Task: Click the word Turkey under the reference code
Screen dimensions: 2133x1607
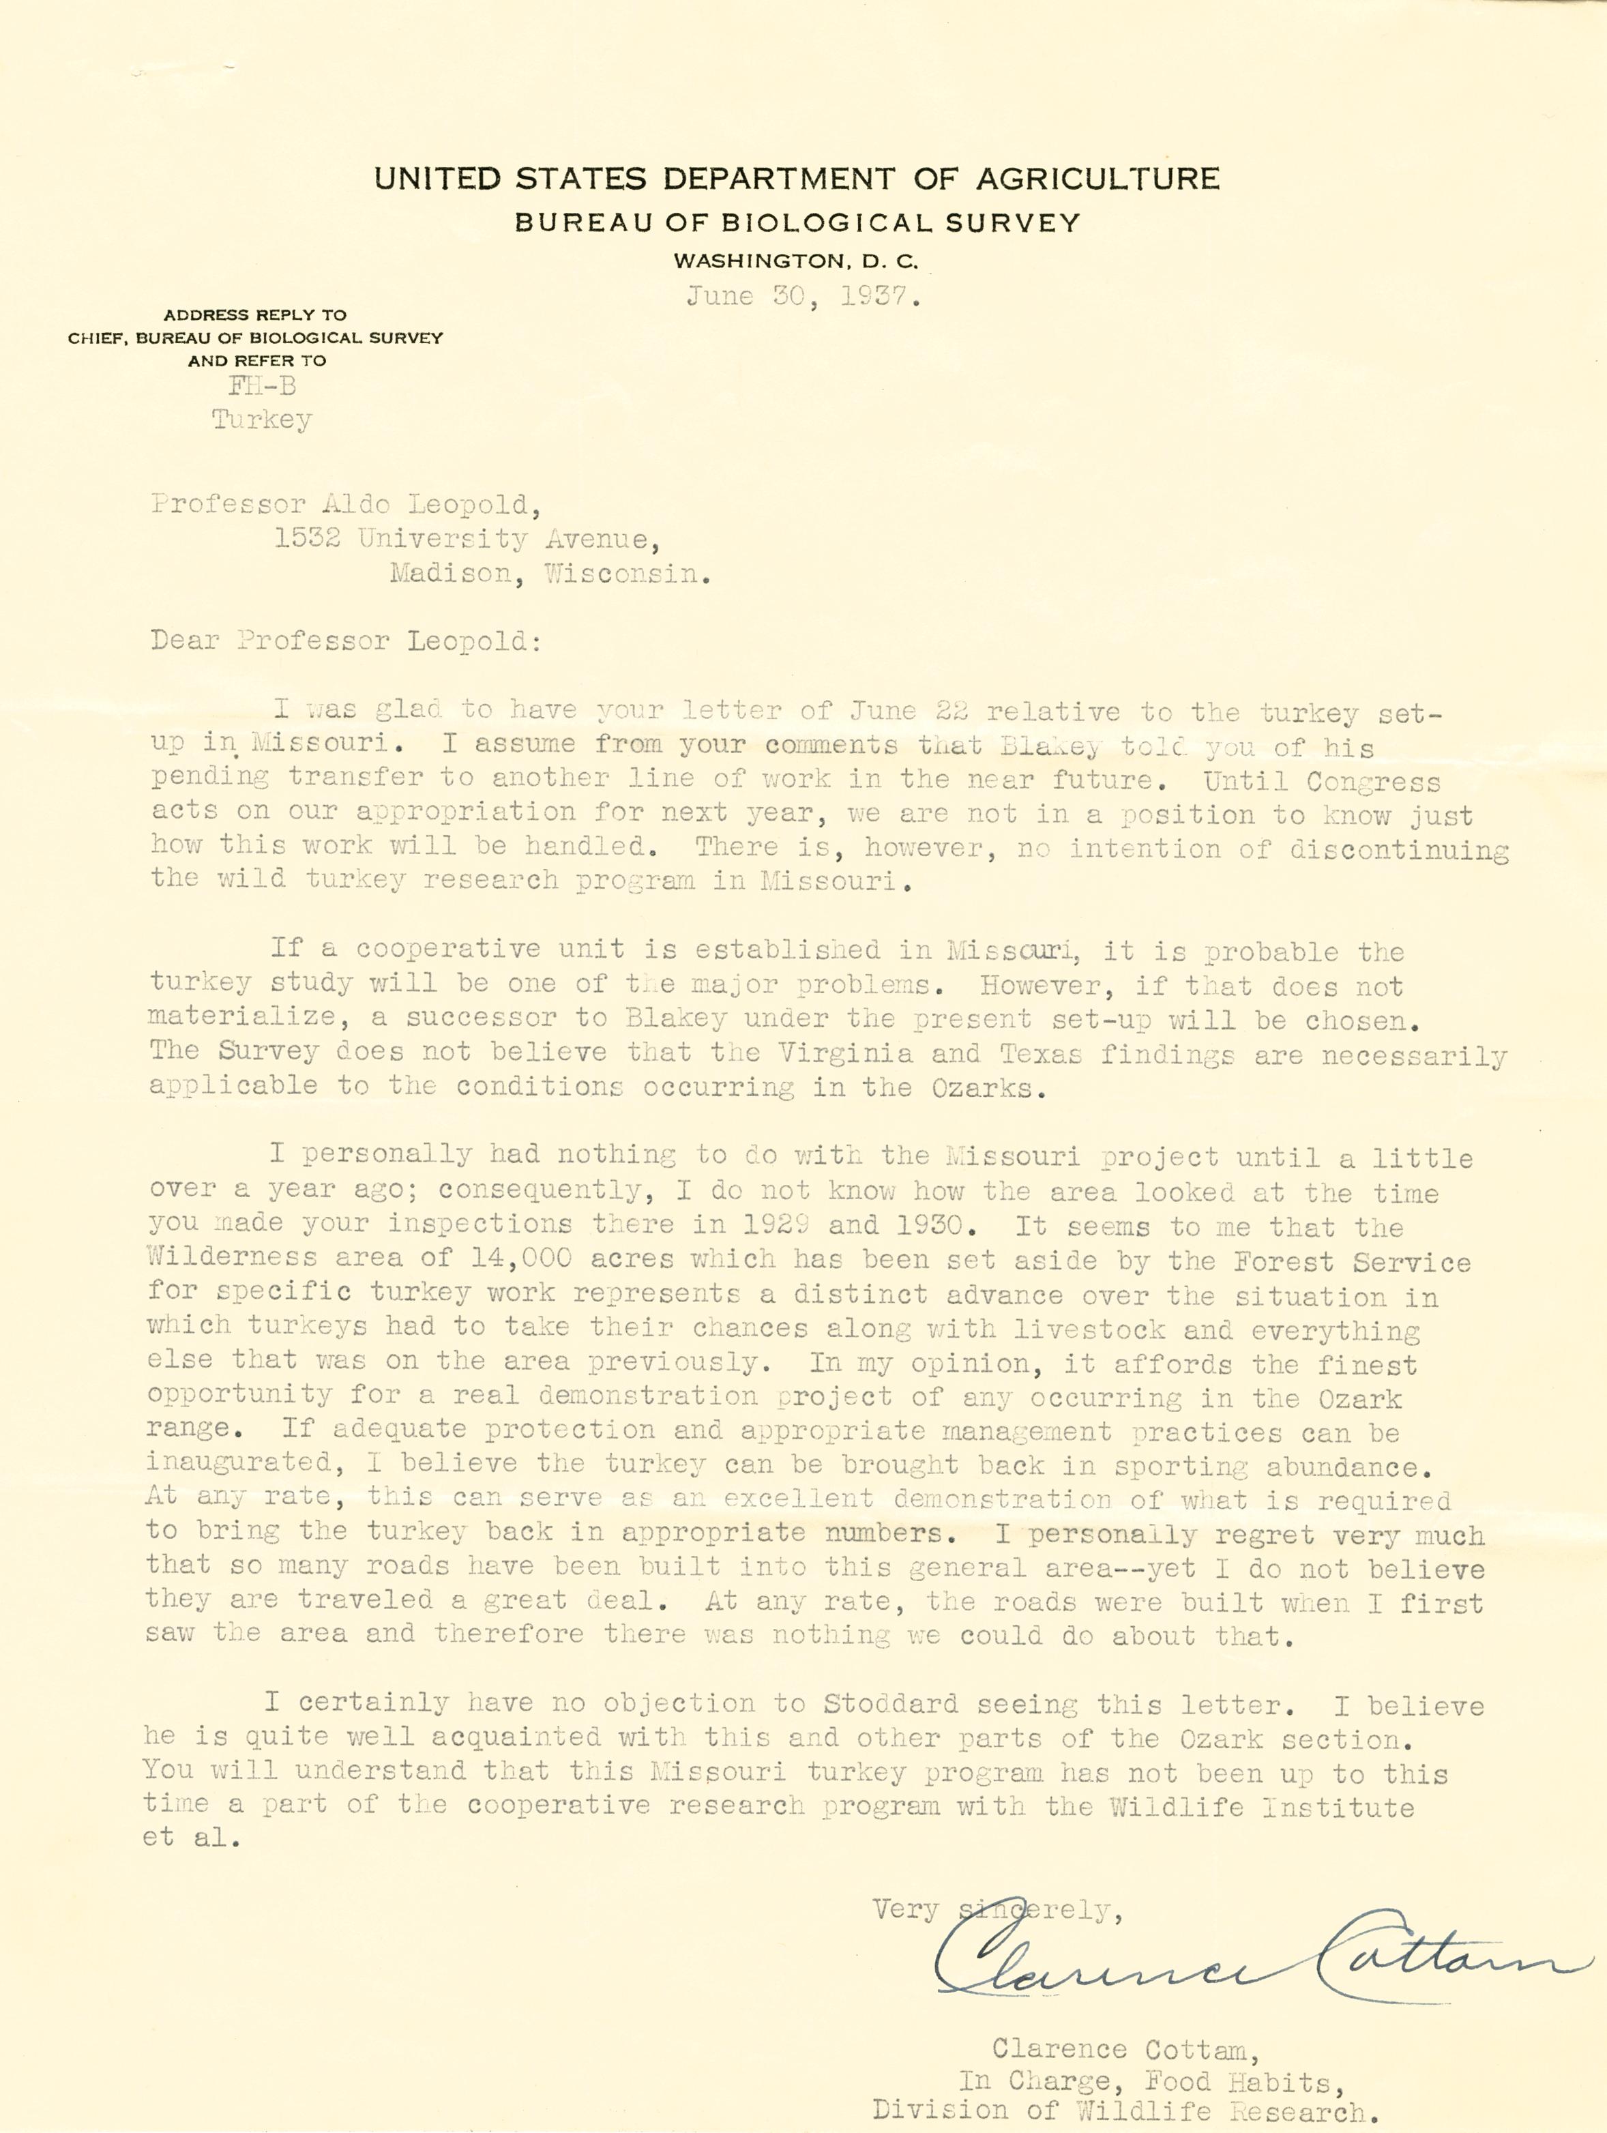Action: click(261, 420)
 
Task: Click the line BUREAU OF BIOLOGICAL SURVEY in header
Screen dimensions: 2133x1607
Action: click(797, 223)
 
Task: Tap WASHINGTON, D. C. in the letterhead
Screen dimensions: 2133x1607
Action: click(796, 261)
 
